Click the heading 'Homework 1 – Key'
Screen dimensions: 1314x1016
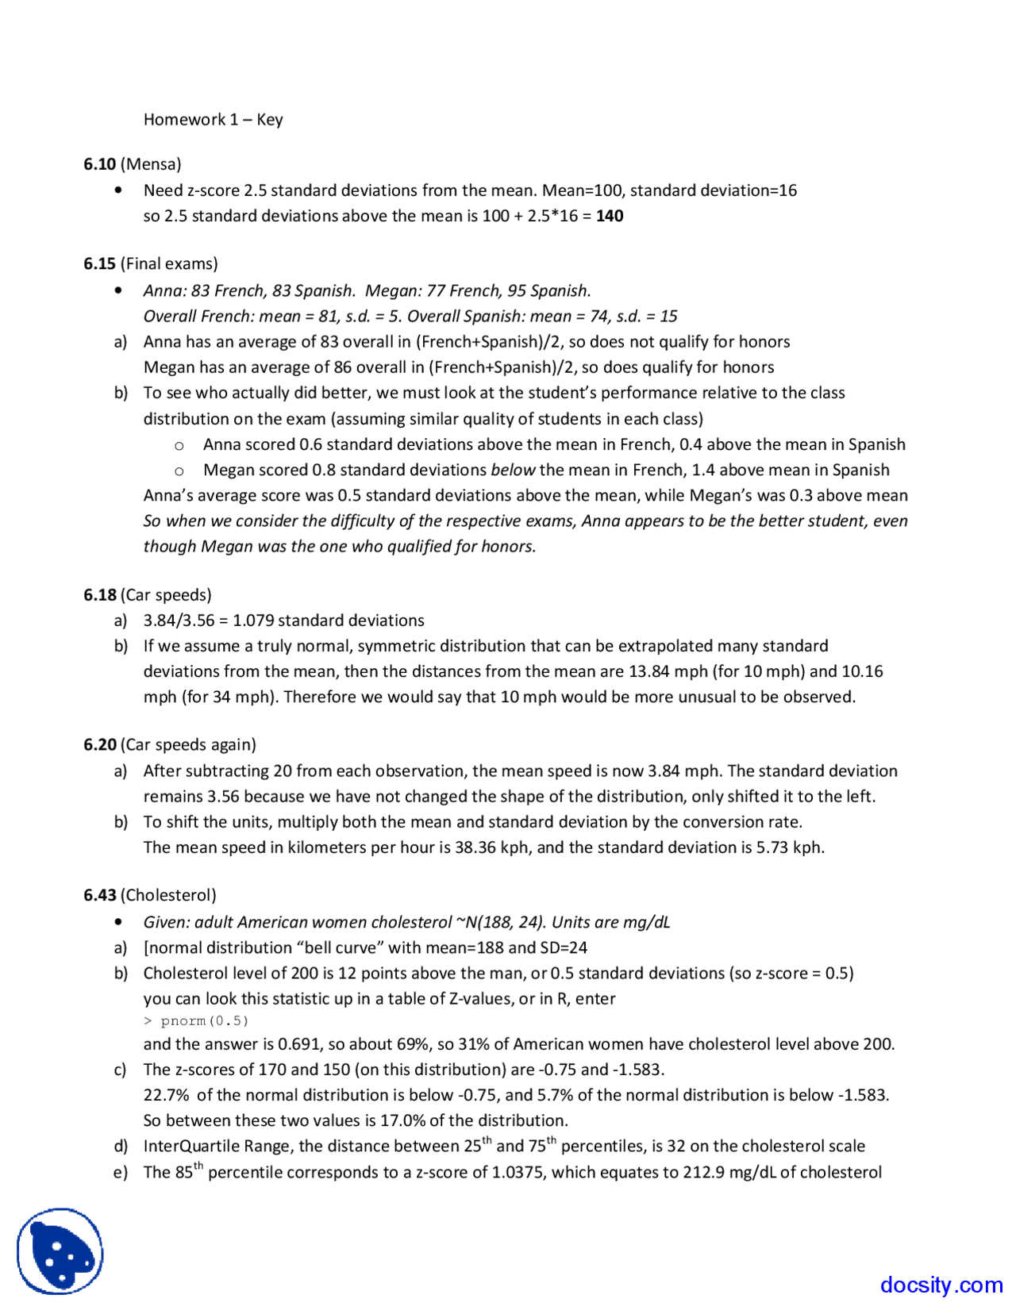213,119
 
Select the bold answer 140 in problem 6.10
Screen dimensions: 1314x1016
610,216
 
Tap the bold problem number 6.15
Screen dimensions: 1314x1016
99,263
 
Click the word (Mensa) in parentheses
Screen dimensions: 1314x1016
151,164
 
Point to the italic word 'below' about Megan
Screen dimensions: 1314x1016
513,470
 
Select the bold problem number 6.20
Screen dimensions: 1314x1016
99,744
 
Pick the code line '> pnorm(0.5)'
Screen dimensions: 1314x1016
196,1021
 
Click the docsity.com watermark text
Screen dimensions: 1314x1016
941,1285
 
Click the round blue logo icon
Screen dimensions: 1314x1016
60,1251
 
